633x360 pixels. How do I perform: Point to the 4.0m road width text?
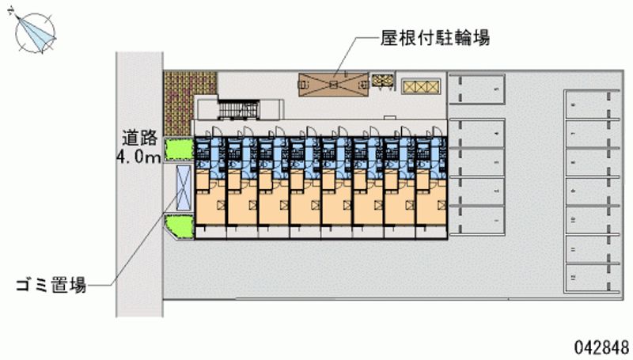click(x=138, y=157)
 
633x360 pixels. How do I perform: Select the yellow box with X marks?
click(x=418, y=86)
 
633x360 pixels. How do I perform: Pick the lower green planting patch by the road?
click(x=180, y=227)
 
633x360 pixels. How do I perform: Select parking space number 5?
click(x=477, y=89)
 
